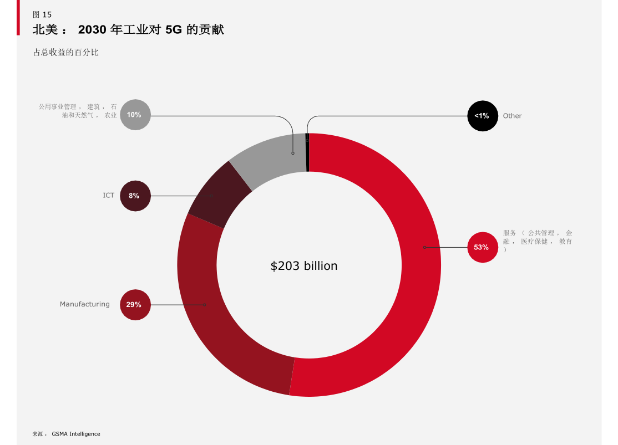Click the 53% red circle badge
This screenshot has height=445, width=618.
click(481, 247)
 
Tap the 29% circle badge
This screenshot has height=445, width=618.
click(135, 305)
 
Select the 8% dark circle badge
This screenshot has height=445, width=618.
click(135, 196)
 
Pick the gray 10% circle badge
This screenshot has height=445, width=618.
click(135, 115)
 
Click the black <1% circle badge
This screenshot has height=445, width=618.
click(482, 116)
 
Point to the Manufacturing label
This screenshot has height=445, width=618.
click(85, 304)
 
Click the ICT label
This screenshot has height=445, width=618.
click(109, 196)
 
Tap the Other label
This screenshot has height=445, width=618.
click(512, 116)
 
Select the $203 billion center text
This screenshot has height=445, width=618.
click(304, 266)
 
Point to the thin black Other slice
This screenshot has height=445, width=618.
click(307, 152)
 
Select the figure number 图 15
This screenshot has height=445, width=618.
click(42, 15)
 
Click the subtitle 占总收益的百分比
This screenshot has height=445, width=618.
click(66, 53)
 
